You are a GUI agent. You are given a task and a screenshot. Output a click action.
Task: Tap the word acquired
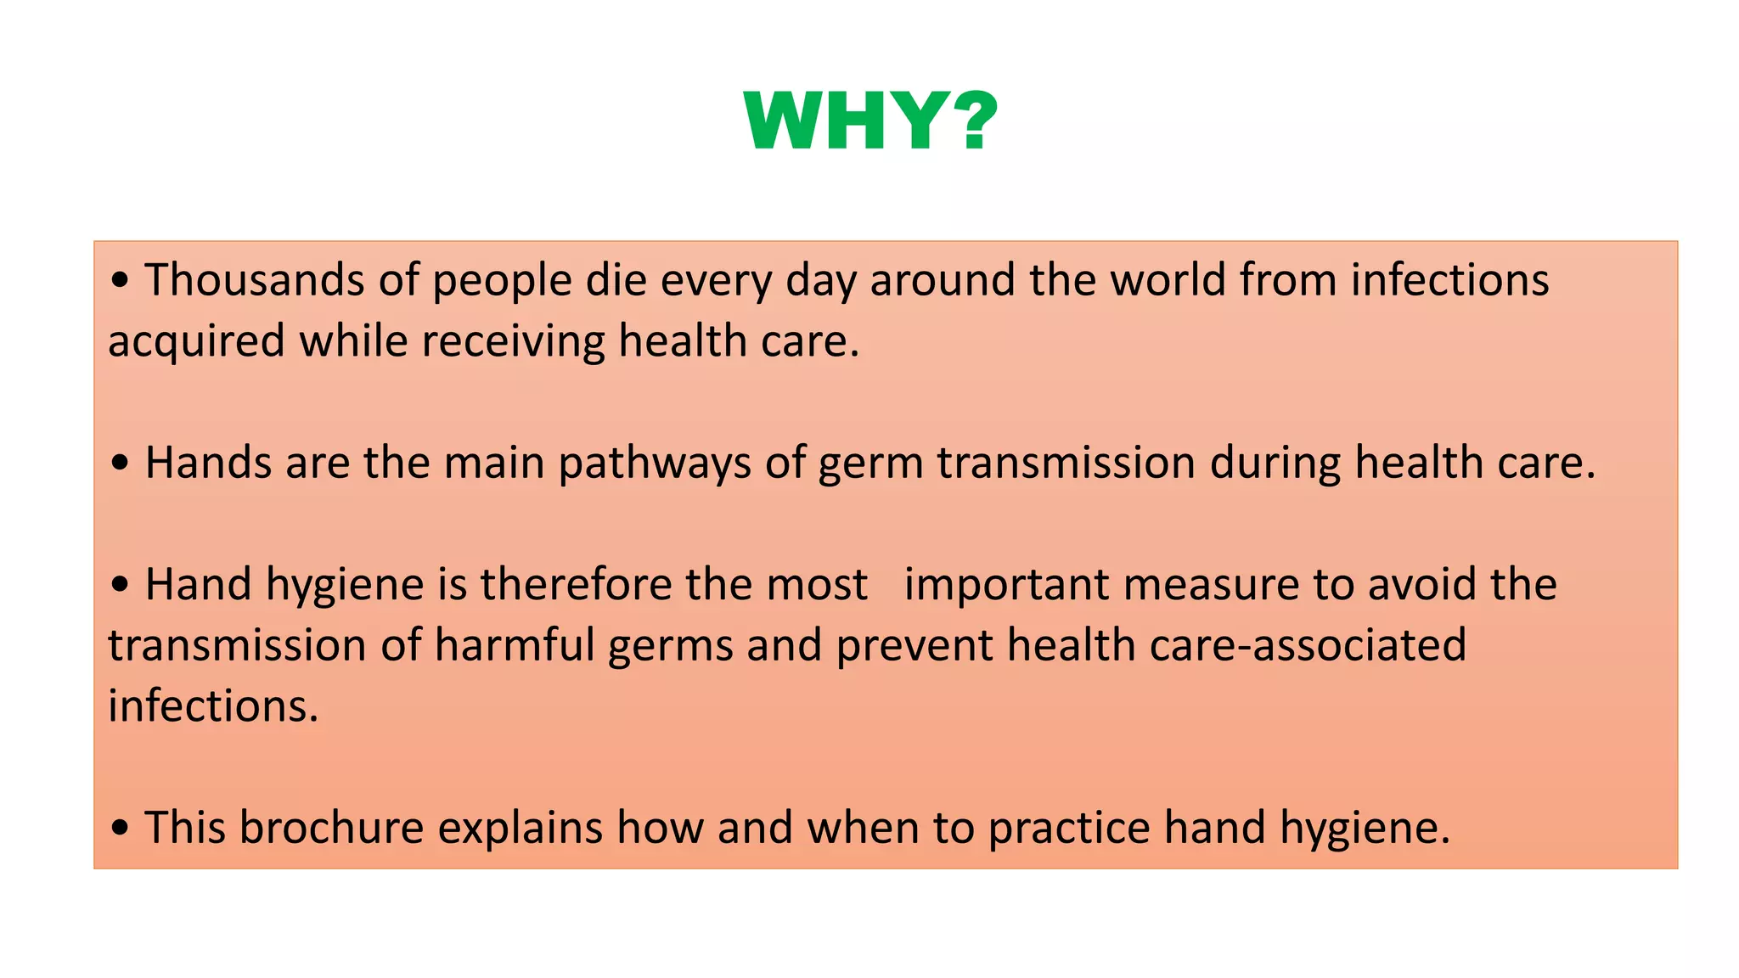point(196,342)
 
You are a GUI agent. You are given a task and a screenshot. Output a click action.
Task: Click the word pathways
point(655,464)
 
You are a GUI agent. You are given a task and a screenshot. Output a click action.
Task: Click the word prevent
point(915,645)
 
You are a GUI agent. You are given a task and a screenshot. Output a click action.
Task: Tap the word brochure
point(331,828)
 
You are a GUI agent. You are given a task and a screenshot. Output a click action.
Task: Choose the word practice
point(1069,829)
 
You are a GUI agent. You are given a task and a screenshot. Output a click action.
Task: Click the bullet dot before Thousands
point(121,281)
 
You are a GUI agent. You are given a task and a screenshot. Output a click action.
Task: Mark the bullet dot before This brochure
point(121,829)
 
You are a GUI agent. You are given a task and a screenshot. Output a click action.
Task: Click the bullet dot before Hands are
point(121,464)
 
